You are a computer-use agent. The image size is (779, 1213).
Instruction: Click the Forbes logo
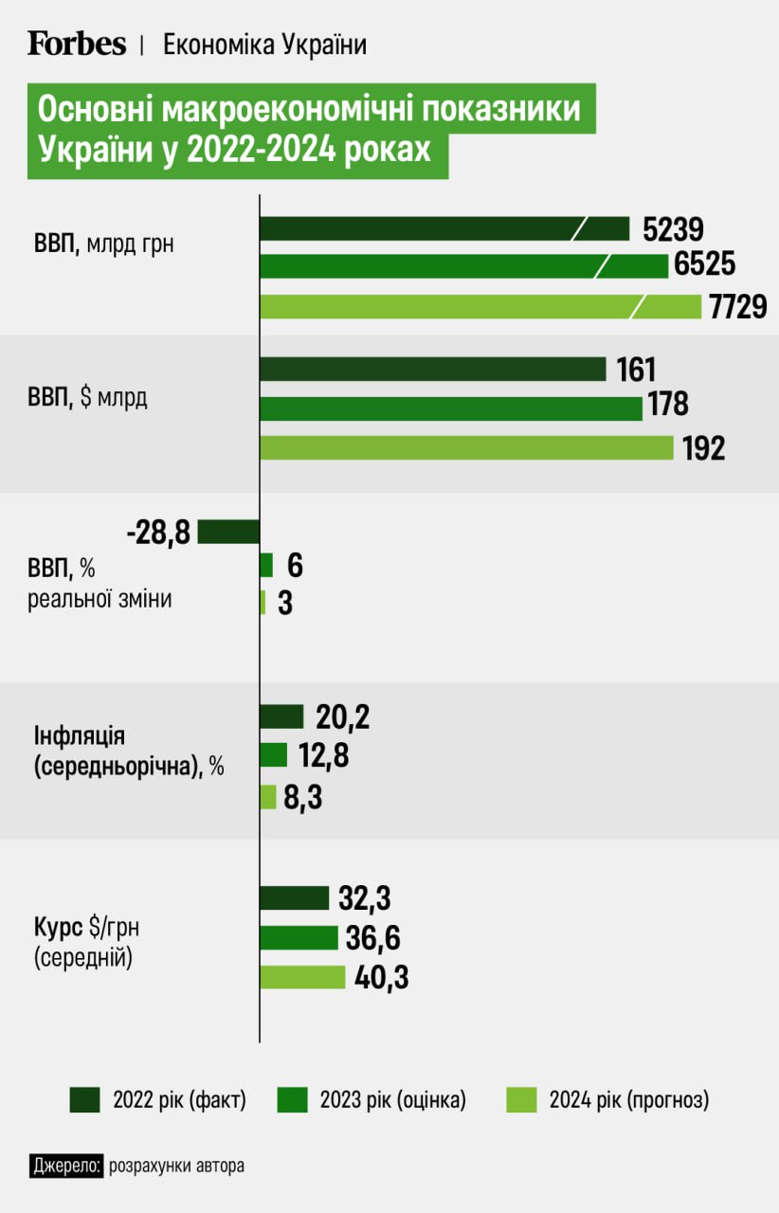coord(76,44)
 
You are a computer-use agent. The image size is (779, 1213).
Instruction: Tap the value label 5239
coord(673,229)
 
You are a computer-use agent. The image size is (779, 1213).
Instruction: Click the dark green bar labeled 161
coord(432,369)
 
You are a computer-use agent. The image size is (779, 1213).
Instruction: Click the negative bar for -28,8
coord(228,532)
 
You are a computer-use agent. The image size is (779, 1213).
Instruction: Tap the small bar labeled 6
coord(266,566)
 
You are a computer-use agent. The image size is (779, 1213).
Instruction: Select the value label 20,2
coord(343,718)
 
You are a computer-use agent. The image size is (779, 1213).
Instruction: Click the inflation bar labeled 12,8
coord(273,754)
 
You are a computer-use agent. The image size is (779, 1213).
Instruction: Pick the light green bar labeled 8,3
coord(268,797)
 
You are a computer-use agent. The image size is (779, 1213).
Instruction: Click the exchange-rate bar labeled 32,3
coord(294,897)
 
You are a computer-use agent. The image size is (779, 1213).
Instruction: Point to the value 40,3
coord(382,977)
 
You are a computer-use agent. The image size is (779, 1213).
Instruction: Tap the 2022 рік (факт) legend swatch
coord(84,1100)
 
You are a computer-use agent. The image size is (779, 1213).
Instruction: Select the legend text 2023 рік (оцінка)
coord(392,1100)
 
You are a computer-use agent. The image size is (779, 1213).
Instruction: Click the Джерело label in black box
coord(65,1165)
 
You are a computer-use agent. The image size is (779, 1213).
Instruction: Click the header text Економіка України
coord(264,45)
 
